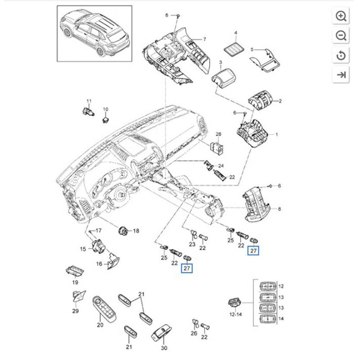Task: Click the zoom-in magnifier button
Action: pyautogui.click(x=341, y=17)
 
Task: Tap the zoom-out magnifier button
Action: pyautogui.click(x=341, y=36)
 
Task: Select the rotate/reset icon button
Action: pyautogui.click(x=341, y=55)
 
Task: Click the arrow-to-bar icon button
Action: pyautogui.click(x=341, y=75)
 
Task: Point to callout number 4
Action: pyautogui.click(x=236, y=33)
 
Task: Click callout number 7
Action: pyautogui.click(x=205, y=40)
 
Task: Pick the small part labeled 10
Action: pyautogui.click(x=106, y=119)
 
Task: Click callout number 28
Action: pyautogui.click(x=219, y=134)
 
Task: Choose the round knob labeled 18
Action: pyautogui.click(x=122, y=231)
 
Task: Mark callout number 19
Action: pyautogui.click(x=75, y=282)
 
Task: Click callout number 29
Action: pyautogui.click(x=75, y=311)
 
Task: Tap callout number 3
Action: pyautogui.click(x=221, y=62)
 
